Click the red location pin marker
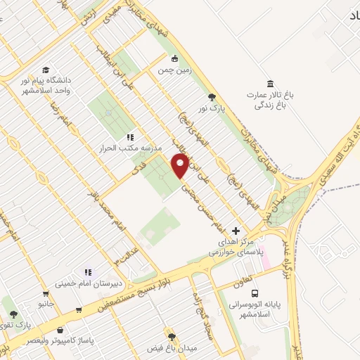click(x=181, y=167)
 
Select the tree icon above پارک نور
click(x=212, y=98)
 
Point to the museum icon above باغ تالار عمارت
click(x=270, y=82)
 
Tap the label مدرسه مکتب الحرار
click(x=130, y=148)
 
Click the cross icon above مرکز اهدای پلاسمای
click(x=236, y=230)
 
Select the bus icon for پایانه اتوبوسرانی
click(x=254, y=293)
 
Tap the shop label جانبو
click(x=46, y=304)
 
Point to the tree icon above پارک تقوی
click(x=12, y=314)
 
